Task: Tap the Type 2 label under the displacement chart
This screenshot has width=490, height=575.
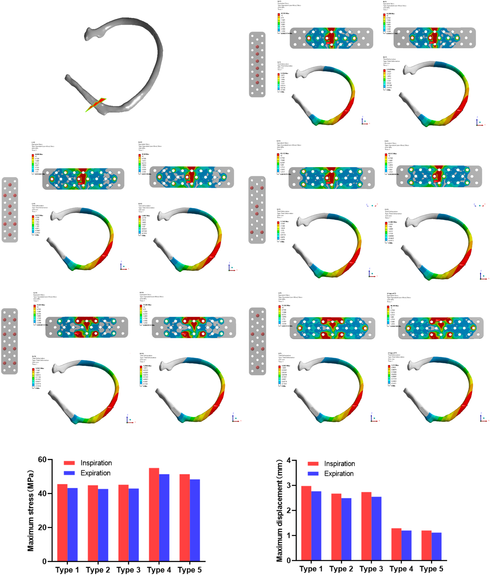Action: (341, 569)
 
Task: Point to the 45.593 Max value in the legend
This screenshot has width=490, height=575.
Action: (285, 13)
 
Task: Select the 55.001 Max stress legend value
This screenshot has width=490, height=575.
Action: (41, 305)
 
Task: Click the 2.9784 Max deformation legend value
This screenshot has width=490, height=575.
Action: (284, 73)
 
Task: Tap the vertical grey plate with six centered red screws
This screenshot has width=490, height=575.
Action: (257, 64)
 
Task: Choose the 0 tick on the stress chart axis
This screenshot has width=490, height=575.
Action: (44, 561)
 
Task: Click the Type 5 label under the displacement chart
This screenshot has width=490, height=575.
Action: (431, 569)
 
